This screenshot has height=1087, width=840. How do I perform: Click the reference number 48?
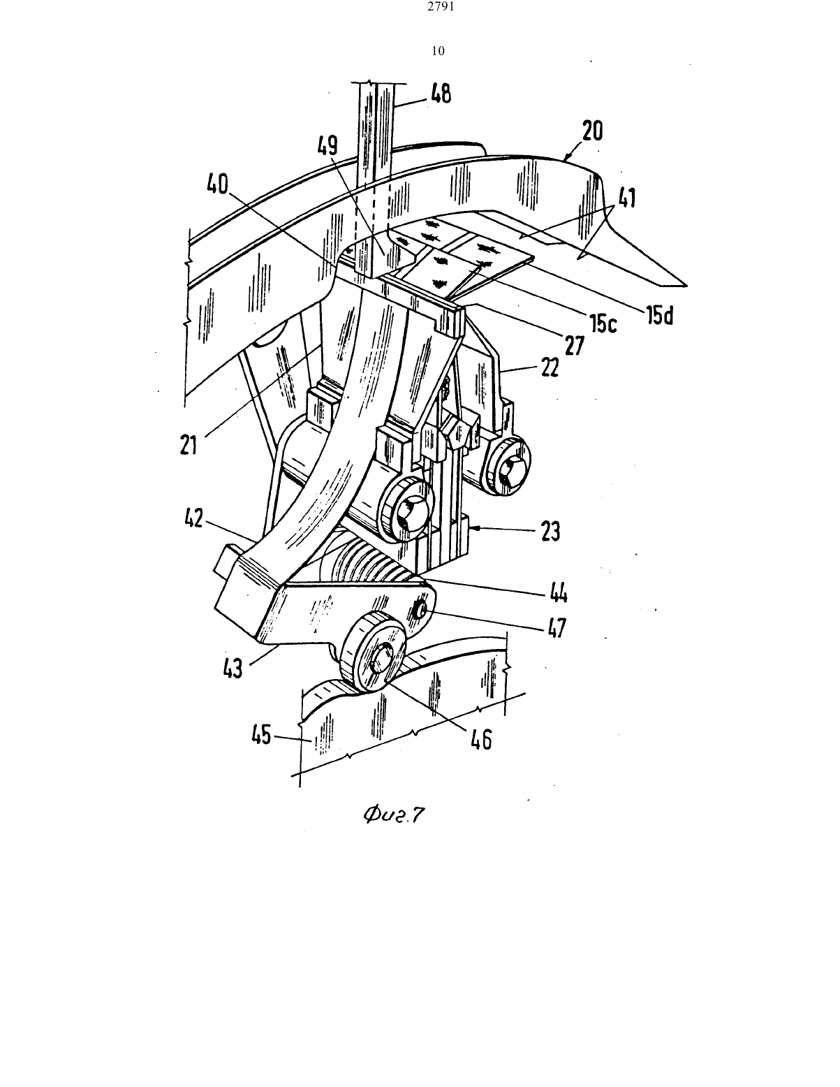coord(441,94)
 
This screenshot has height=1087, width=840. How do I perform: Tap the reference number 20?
coord(593,131)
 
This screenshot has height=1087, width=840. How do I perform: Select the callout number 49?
coord(327,145)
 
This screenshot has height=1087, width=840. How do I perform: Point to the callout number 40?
coord(218,184)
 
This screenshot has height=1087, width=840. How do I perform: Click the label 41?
coord(628,198)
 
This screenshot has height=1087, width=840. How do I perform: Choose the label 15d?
coord(659,314)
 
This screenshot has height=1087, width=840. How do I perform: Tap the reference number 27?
coord(575,346)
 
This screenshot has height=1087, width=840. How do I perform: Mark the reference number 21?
coord(189,445)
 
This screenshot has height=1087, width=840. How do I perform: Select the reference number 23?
coord(550,532)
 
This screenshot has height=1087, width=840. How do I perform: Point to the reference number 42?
coord(194,519)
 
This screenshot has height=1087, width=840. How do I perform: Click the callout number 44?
coord(559,594)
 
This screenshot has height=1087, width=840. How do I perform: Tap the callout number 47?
coord(557,628)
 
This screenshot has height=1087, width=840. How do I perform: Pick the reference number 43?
coord(233,668)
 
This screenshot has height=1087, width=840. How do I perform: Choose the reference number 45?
coord(261,735)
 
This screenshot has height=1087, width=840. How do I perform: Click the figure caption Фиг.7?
coord(394,816)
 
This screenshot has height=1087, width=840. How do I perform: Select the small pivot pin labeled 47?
coord(421,608)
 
